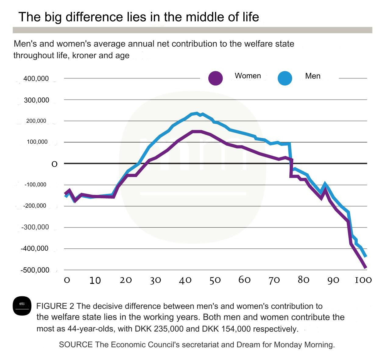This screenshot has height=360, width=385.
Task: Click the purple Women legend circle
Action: (x=215, y=78)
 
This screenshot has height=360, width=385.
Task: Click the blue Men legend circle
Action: (x=285, y=78)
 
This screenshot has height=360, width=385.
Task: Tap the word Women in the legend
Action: (x=248, y=76)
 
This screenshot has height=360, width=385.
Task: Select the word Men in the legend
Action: (x=313, y=76)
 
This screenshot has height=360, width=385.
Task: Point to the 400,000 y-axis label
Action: (x=36, y=79)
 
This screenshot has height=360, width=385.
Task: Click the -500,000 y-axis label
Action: (x=35, y=270)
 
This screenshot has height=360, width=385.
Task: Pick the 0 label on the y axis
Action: (x=54, y=164)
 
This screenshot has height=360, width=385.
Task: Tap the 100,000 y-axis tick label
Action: (x=37, y=142)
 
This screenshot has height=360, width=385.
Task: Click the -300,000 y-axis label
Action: (x=35, y=227)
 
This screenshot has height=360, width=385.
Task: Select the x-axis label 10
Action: (x=95, y=281)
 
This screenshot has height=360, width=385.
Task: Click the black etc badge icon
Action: (x=22, y=305)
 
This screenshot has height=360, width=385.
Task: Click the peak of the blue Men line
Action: (x=197, y=113)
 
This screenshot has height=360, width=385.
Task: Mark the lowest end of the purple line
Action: (x=366, y=268)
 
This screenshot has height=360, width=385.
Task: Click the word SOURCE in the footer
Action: (x=76, y=345)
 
